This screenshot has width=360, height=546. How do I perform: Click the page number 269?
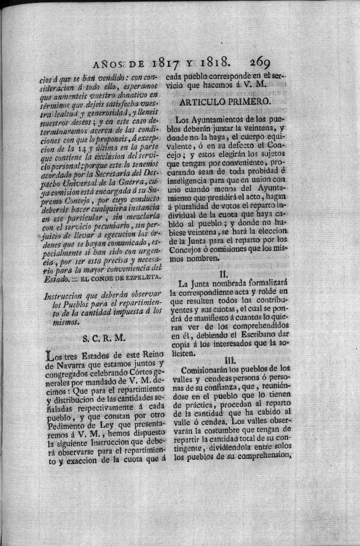pyautogui.click(x=260, y=63)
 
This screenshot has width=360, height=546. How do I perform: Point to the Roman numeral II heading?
pyautogui.click(x=223, y=274)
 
